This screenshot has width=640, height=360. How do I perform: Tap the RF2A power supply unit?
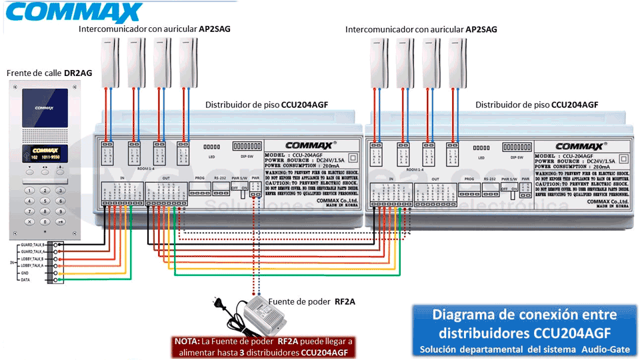pyautogui.click(x=264, y=314)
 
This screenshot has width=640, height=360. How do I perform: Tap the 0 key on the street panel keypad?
pyautogui.click(x=45, y=221)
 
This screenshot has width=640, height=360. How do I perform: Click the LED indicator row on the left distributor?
pyautogui.click(x=211, y=146)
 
